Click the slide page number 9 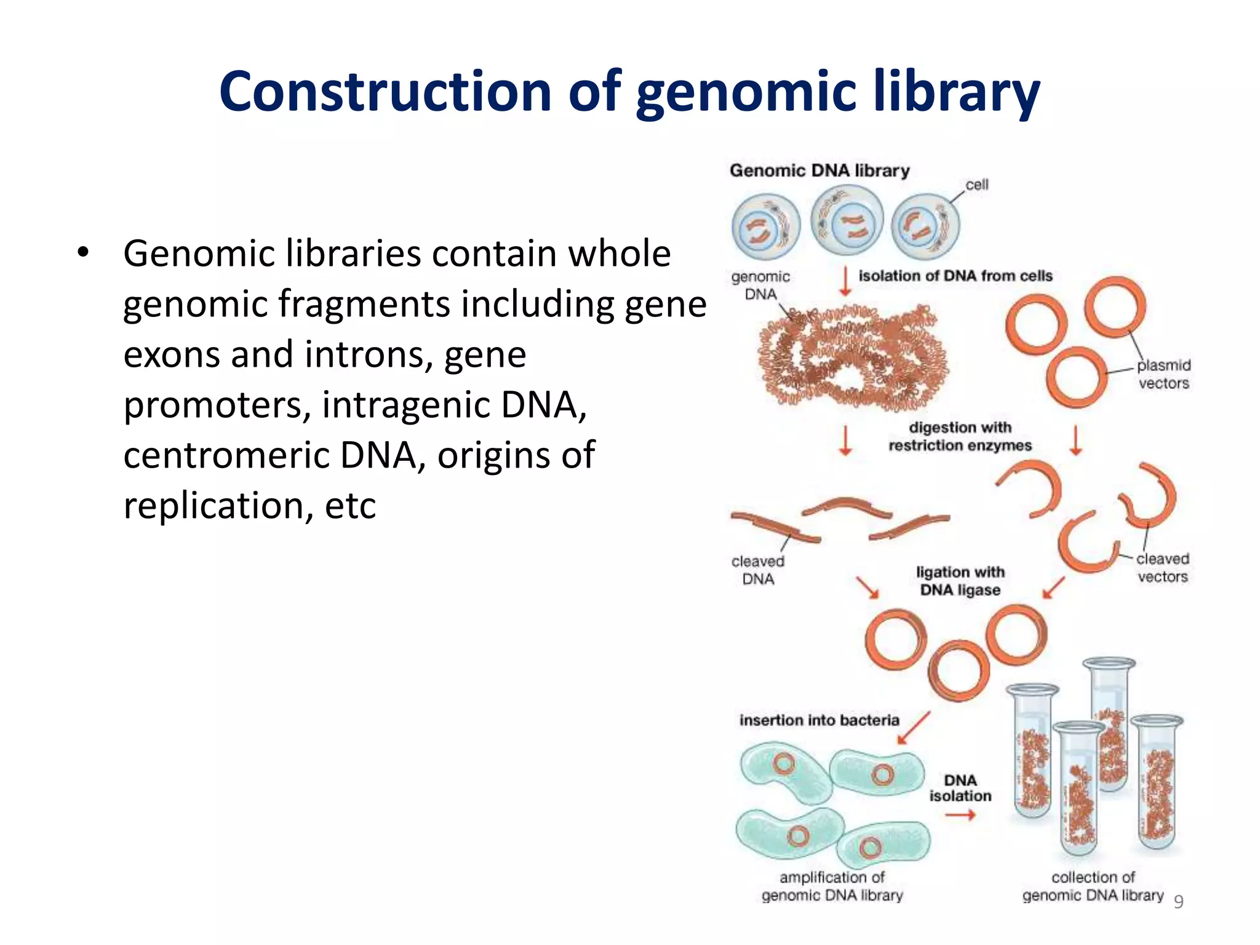(x=1178, y=902)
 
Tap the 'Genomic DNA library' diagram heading (x=819, y=170)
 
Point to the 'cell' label (x=976, y=185)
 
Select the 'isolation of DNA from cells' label (x=955, y=276)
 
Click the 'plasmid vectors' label (x=1163, y=374)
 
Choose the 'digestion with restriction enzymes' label (x=960, y=436)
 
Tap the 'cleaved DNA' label (x=758, y=570)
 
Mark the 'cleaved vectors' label (x=1162, y=568)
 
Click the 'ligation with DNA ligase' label (x=960, y=581)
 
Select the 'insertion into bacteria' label (x=819, y=720)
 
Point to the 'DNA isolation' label (x=960, y=788)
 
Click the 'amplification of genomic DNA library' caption (x=832, y=886)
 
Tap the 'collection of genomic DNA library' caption (x=1093, y=886)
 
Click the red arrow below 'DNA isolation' (x=960, y=816)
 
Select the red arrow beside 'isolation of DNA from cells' (x=846, y=281)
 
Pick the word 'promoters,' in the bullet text (x=217, y=405)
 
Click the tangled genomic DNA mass (x=852, y=357)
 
